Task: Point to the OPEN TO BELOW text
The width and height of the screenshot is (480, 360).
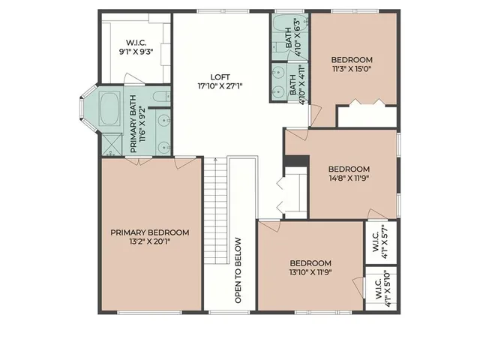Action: pos(238,270)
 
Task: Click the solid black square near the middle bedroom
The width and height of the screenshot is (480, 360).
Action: pos(296,163)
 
